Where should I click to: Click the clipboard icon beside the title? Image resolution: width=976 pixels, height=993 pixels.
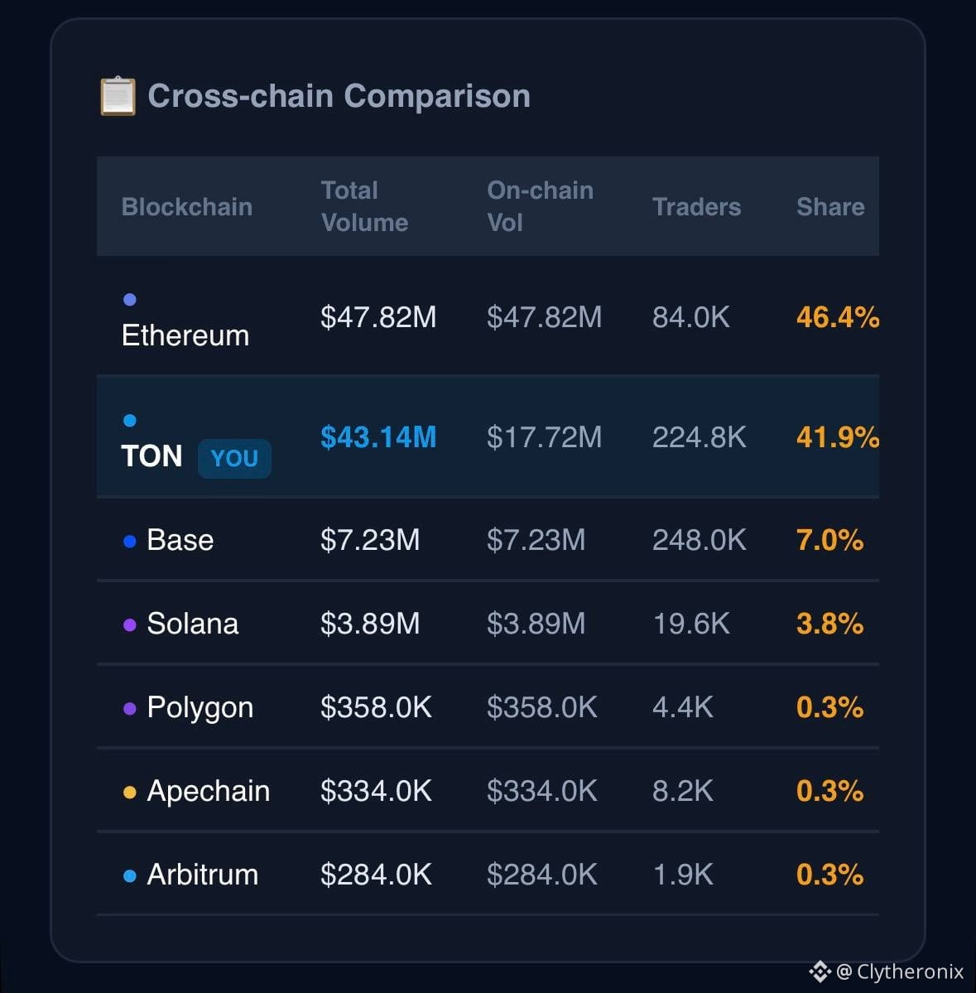pos(118,95)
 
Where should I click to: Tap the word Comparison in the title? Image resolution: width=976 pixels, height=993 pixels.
pos(437,96)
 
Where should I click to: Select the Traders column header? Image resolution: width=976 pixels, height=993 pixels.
pos(696,206)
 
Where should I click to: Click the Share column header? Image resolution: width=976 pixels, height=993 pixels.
pos(829,206)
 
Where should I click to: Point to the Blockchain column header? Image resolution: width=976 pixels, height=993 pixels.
pos(187,206)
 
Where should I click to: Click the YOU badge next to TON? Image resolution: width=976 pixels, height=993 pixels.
pos(234,458)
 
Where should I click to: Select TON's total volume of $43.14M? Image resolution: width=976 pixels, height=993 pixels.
pos(378,437)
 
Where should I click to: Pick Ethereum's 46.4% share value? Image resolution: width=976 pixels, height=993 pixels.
pos(838,316)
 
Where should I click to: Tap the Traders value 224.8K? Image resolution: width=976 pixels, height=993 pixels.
pos(699,437)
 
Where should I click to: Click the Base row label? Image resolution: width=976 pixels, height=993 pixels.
pos(180,539)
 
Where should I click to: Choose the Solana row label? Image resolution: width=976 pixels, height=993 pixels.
pos(192,623)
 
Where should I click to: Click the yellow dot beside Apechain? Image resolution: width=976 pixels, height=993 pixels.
pos(130,793)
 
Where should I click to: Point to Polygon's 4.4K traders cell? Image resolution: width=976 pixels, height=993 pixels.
pos(682,706)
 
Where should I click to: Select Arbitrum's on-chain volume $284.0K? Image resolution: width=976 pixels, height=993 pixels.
pos(541,874)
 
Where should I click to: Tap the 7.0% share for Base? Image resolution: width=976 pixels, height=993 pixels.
pos(829,539)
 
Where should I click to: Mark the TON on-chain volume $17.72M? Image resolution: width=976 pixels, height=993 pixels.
pos(545,437)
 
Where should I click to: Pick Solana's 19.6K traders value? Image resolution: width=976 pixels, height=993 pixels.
pos(690,623)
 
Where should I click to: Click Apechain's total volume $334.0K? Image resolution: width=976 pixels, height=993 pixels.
pos(376,790)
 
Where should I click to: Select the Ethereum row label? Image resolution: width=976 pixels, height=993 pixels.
pos(185,335)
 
